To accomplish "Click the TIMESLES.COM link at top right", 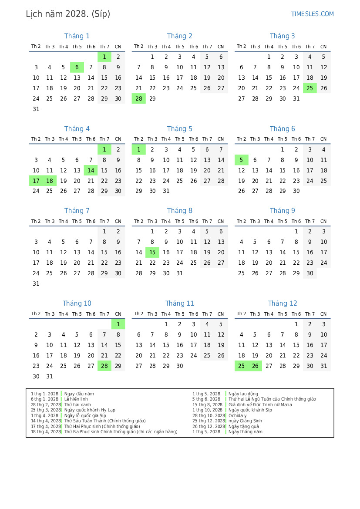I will tap(312, 14).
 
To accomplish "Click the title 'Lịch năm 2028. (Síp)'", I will tap(68, 14).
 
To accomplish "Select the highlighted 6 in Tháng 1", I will tap(77, 67).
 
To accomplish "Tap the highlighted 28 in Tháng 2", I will tap(138, 98).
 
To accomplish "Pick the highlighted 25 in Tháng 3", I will tap(310, 88).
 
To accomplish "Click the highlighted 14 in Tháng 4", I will tap(91, 170).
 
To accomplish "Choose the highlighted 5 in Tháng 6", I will tap(241, 160).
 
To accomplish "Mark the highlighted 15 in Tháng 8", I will tap(152, 252).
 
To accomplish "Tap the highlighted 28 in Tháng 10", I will tap(104, 366).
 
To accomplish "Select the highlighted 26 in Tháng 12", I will tap(255, 366).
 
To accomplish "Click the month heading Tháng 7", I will tap(77, 211).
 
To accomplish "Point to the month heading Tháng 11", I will tap(180, 303).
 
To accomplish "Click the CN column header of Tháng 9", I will tap(323, 221).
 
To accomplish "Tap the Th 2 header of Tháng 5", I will tap(138, 139).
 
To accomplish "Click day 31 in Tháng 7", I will tap(36, 283).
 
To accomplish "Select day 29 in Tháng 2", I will tap(152, 98).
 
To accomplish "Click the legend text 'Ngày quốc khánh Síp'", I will tap(250, 410).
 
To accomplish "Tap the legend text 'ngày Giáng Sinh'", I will tap(245, 421).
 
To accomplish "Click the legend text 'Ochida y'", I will tap(237, 415).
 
